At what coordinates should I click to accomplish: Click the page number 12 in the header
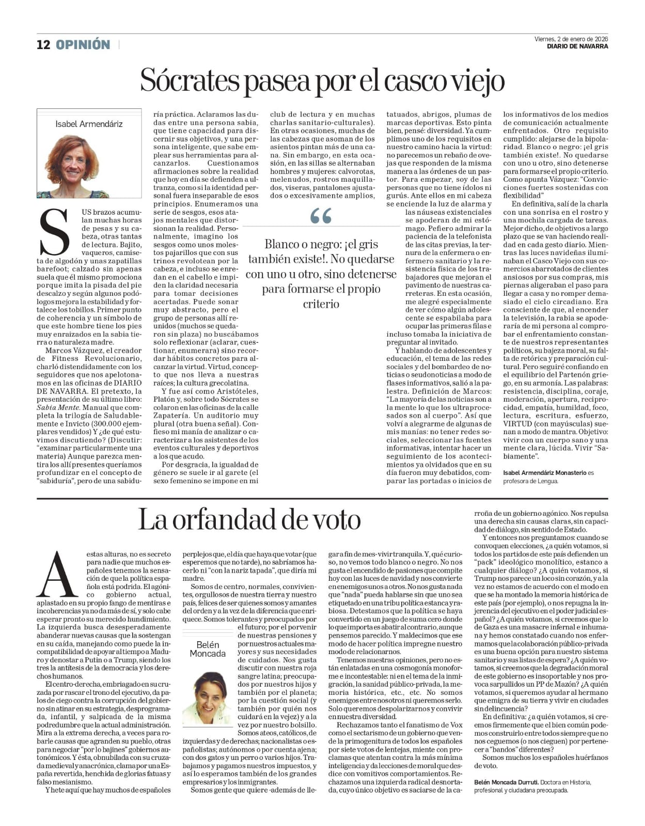[x=43, y=45]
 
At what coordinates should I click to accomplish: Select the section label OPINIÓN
[x=83, y=45]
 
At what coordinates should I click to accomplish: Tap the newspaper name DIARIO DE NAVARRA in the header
[x=577, y=46]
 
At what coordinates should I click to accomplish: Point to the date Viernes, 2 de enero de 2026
[x=571, y=39]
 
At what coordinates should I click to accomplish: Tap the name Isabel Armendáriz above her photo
[x=89, y=124]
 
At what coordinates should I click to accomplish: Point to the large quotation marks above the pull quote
[x=321, y=216]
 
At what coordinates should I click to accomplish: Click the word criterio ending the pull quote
[x=321, y=304]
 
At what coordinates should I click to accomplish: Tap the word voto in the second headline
[x=335, y=520]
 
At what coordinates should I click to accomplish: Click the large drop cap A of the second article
[x=58, y=575]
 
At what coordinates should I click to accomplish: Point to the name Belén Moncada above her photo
[x=208, y=649]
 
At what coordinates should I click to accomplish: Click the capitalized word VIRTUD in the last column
[x=517, y=423]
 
